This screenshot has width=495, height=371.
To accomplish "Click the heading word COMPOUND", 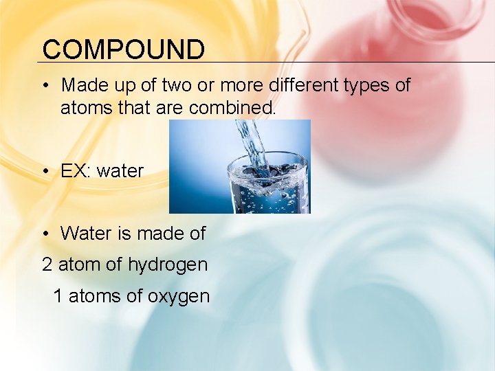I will coord(123,49).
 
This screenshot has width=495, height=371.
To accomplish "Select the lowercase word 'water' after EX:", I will coord(120,171).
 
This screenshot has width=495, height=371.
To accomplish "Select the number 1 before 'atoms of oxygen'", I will coord(58,296).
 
